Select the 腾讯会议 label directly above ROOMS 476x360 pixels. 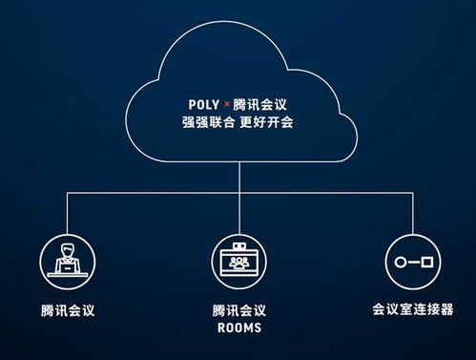(238, 310)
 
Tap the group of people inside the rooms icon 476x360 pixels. (238, 260)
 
